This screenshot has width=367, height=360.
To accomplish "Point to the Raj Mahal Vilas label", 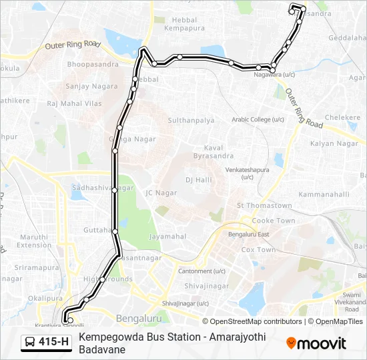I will coord(74,104).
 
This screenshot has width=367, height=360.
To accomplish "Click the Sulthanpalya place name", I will coord(191,121).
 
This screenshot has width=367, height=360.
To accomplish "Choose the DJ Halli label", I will coord(198,180).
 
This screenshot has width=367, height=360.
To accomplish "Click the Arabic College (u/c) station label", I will coord(258,119).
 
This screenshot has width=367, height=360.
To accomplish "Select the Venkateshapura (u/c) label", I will coord(247,173).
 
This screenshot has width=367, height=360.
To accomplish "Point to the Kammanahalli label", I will coord(324,194).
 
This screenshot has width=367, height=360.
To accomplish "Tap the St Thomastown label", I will coord(265,206).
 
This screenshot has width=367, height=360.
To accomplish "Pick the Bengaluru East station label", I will coord(248,235).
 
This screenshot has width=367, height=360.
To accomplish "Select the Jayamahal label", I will coord(167,236).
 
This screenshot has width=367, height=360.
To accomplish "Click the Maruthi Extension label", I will coord(34,241).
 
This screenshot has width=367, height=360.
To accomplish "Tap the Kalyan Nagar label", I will coord(334,143).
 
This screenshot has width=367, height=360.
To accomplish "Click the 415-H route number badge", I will coord(47,342).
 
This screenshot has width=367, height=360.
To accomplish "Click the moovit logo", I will coord(316,343).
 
